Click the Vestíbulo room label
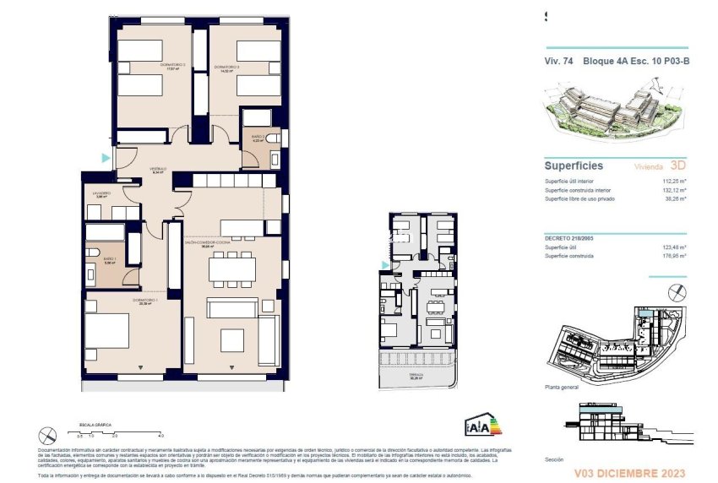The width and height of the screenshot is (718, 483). [x=157, y=169]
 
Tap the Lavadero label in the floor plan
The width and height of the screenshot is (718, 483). [x=101, y=193]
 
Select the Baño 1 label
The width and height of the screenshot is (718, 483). [x=110, y=259]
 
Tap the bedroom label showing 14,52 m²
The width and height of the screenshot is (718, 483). [x=227, y=68]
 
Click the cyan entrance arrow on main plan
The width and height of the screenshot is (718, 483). [x=105, y=157]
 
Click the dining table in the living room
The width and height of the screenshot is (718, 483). [x=231, y=269]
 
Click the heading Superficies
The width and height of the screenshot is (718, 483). [x=573, y=166]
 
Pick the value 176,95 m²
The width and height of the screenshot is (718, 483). [x=671, y=255]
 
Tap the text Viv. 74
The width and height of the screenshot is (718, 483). [x=559, y=60]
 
